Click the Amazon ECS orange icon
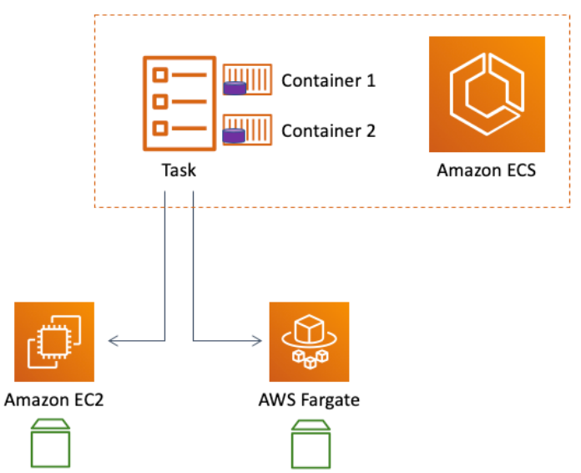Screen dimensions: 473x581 pos(487,94)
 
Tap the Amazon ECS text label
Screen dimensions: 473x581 pos(487,171)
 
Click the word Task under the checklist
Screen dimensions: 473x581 pos(179,170)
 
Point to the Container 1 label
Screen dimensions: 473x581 pos(328,81)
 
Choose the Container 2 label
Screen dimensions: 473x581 pos(328,130)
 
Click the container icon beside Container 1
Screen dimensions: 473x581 pos(248,80)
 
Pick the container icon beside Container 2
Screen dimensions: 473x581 pos(248,130)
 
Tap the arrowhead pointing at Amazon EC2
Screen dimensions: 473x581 pos(114,340)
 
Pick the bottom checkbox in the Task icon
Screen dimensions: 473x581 pos(159,129)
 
